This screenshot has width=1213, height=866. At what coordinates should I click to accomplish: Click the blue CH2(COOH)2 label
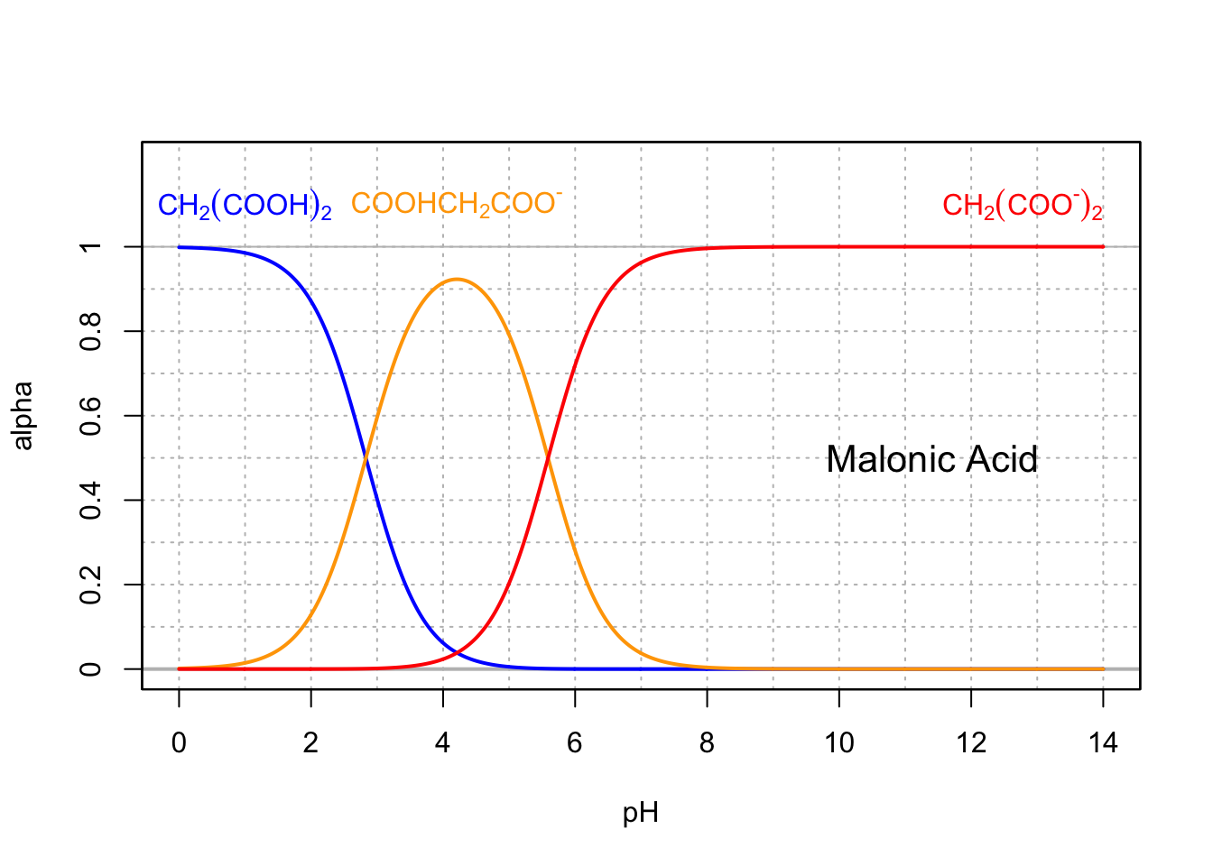point(245,206)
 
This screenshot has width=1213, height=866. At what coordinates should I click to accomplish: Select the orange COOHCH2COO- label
point(456,204)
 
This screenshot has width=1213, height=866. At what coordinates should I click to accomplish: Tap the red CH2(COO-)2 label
point(1022,206)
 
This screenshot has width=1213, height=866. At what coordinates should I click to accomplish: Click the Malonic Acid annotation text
point(931,460)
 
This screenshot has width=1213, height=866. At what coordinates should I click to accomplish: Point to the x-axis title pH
point(640,814)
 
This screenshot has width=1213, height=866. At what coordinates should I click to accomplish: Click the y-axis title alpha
point(23,416)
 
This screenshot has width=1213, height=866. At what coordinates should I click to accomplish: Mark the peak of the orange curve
point(457,279)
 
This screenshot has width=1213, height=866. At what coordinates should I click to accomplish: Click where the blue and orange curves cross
point(366,458)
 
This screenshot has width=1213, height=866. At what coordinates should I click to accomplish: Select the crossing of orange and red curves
point(548,458)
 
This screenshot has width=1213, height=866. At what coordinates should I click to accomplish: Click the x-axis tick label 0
point(179,743)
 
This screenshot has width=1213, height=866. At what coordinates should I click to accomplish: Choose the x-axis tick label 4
point(443,743)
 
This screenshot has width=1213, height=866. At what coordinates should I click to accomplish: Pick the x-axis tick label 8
point(707,743)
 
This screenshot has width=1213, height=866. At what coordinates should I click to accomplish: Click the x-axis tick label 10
point(838,743)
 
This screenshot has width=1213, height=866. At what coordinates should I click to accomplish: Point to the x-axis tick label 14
point(1103,743)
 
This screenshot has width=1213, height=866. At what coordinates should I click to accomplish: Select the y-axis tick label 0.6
point(90,416)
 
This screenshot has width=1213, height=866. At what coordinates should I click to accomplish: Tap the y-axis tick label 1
point(90,247)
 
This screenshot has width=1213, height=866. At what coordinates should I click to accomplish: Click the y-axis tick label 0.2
point(90,585)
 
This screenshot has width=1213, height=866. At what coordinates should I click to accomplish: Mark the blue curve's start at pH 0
point(179,247)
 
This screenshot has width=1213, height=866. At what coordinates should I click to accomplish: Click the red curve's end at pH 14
point(1103,247)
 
